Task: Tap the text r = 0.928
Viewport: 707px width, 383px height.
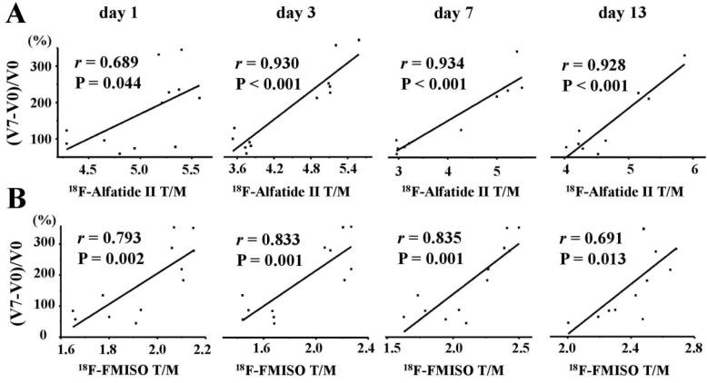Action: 601,66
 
